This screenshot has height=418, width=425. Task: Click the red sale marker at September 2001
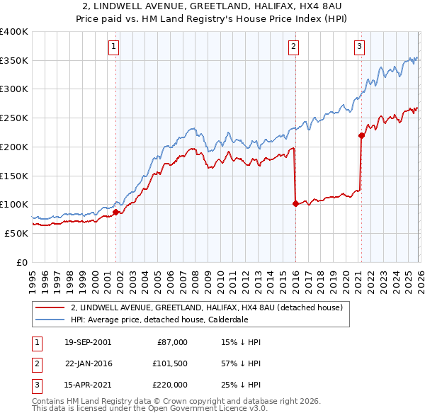tap(115, 212)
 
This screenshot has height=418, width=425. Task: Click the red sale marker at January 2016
tap(295, 203)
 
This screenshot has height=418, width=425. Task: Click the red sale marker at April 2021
tap(361, 135)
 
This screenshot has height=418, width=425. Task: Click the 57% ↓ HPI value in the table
tap(241, 363)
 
